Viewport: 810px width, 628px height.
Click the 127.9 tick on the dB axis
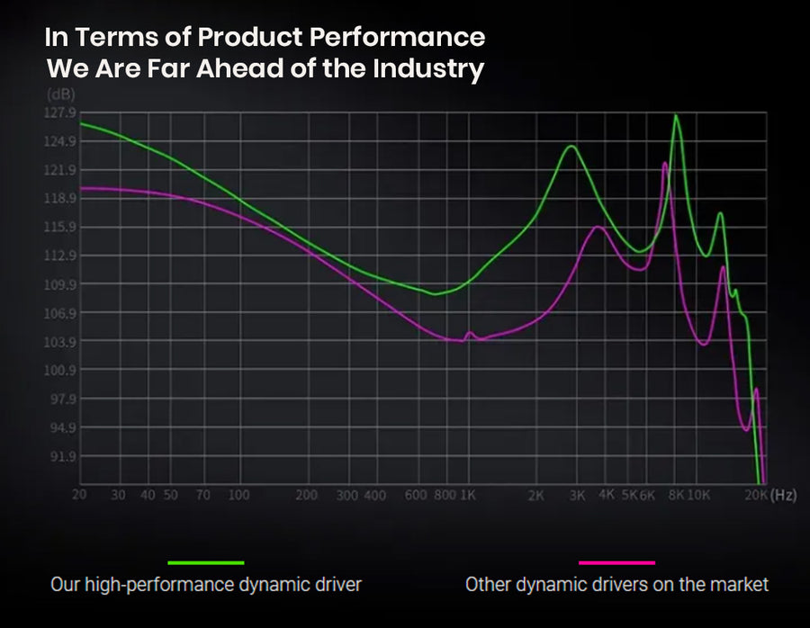tap(62, 112)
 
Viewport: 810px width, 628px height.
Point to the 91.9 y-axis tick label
tap(63, 456)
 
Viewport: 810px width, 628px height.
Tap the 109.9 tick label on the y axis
tap(62, 284)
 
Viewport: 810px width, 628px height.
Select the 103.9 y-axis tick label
tap(62, 342)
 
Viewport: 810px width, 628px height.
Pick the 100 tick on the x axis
tap(238, 496)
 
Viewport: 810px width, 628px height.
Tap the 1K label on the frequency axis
tap(468, 496)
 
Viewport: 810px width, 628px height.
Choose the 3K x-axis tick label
tap(577, 496)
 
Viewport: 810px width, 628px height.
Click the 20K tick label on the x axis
tap(755, 496)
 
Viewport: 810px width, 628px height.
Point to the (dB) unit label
tap(61, 94)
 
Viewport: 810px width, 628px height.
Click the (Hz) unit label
tap(784, 496)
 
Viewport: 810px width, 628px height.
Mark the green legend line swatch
tap(206, 562)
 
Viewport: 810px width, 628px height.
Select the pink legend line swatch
tap(616, 562)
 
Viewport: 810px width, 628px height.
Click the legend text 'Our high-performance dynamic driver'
tap(205, 585)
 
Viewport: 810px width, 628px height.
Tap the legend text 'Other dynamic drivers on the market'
tap(616, 585)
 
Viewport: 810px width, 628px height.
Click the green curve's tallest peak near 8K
tap(676, 116)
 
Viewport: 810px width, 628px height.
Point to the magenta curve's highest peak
tap(664, 164)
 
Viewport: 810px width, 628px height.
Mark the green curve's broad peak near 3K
tap(570, 147)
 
